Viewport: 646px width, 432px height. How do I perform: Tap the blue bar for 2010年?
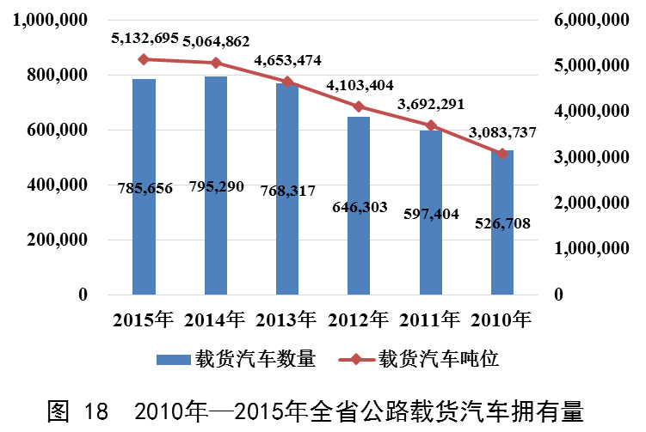click(502, 258)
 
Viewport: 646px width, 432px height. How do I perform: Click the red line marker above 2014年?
click(216, 63)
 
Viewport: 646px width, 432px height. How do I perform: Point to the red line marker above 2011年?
click(431, 126)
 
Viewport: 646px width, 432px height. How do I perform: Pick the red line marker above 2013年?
click(287, 82)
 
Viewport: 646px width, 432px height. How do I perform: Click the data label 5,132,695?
click(145, 38)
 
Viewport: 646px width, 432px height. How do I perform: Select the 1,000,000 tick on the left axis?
click(50, 21)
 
